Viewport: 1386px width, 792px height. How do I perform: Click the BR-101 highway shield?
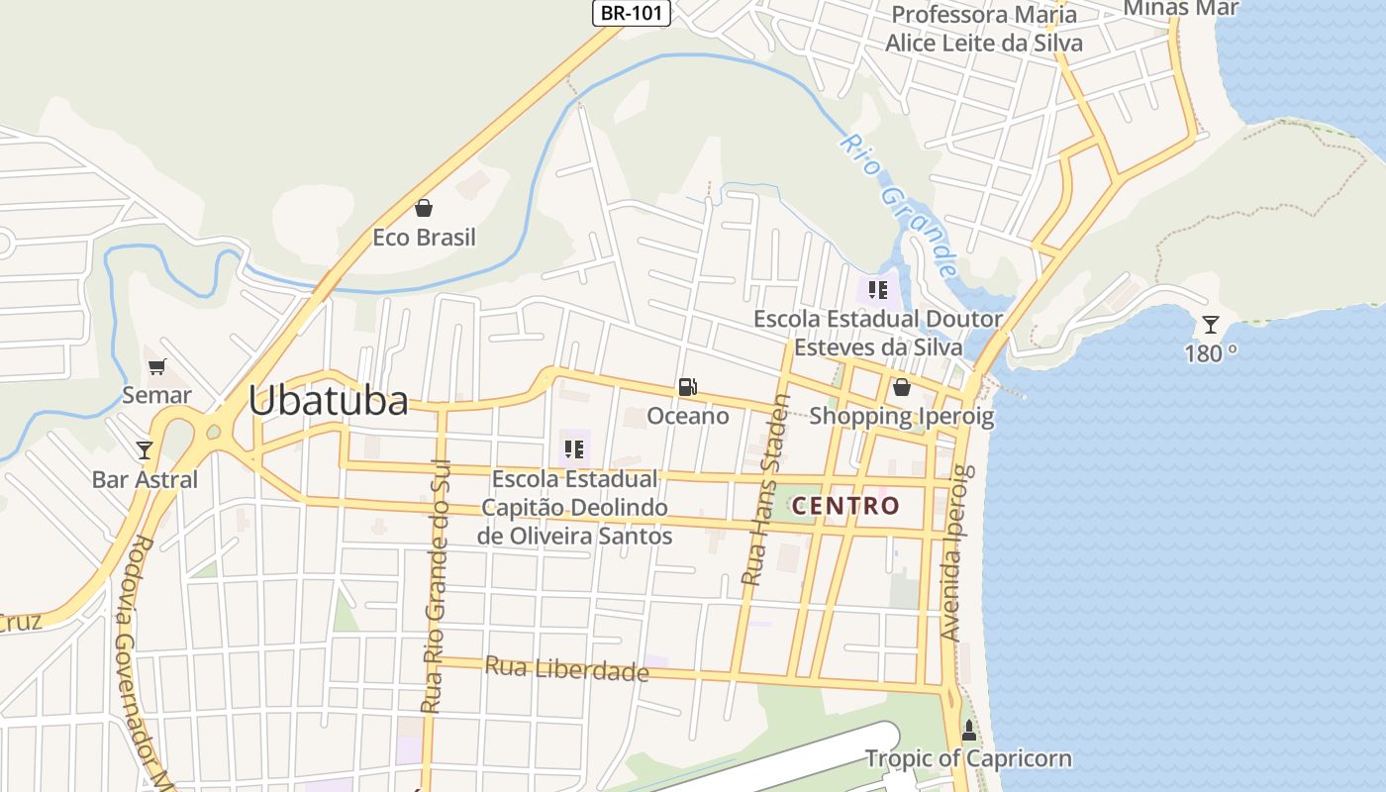[x=632, y=13]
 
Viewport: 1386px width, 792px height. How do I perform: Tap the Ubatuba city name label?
[x=328, y=401]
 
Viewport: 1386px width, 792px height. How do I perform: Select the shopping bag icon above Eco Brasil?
[x=424, y=208]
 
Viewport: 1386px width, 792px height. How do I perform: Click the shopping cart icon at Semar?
[x=156, y=367]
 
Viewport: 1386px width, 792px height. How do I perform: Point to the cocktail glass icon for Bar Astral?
[x=145, y=450]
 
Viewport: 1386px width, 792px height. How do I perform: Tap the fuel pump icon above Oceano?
[x=688, y=387]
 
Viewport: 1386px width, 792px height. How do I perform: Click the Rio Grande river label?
[x=899, y=205]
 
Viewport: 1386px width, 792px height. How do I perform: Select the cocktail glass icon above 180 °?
[x=1210, y=324]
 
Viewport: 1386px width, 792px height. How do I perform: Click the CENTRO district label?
[x=845, y=506]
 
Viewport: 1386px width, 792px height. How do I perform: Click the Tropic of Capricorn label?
[x=968, y=759]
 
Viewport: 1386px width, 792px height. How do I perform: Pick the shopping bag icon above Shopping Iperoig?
[x=901, y=387]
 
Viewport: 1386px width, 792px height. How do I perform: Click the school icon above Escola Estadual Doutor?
[x=877, y=290]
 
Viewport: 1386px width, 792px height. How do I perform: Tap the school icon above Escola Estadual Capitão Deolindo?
[x=574, y=450]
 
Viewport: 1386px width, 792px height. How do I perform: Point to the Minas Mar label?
[x=1167, y=8]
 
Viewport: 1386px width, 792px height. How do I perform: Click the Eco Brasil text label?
[x=424, y=238]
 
